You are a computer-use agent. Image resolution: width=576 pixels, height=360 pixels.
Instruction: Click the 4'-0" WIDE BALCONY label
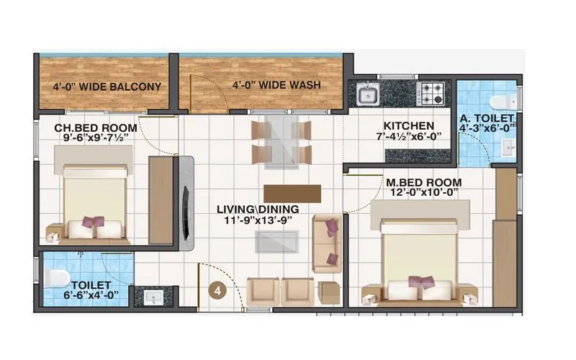point(106,87)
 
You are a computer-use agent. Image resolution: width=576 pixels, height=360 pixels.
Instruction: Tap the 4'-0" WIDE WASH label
point(276,85)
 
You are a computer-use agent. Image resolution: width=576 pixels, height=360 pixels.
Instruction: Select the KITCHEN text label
point(408,125)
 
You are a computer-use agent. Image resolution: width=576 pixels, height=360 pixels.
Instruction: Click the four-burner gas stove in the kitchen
point(432,93)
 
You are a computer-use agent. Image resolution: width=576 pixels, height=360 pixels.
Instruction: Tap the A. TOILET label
point(487,118)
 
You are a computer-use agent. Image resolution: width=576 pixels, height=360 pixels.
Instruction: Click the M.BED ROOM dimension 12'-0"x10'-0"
point(423,194)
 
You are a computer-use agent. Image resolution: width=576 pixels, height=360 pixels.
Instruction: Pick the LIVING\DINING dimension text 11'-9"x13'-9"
point(258,220)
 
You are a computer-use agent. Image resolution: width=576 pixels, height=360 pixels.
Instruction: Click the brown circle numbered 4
point(216,291)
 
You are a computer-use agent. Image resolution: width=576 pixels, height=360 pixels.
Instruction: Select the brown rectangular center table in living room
point(292,194)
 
